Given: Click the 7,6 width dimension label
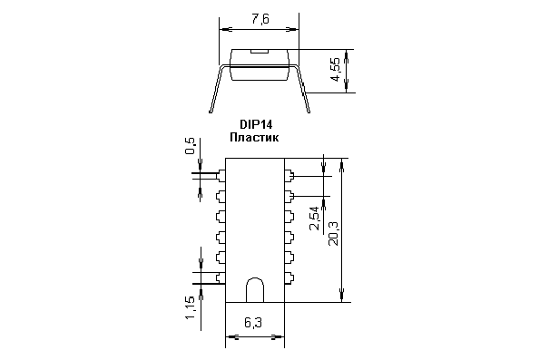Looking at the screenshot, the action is tap(260, 19).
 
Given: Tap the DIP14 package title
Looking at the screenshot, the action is tap(256, 125).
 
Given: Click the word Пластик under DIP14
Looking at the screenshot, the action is tap(254, 138).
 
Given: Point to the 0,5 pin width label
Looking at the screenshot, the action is tap(191, 146).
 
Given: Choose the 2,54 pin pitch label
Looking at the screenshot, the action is tap(315, 219).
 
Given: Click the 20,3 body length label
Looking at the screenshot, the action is tap(334, 233).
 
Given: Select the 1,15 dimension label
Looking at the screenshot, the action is tap(190, 307).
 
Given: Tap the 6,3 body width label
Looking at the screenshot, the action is tap(253, 323).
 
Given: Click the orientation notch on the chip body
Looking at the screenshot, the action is tap(255, 290).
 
